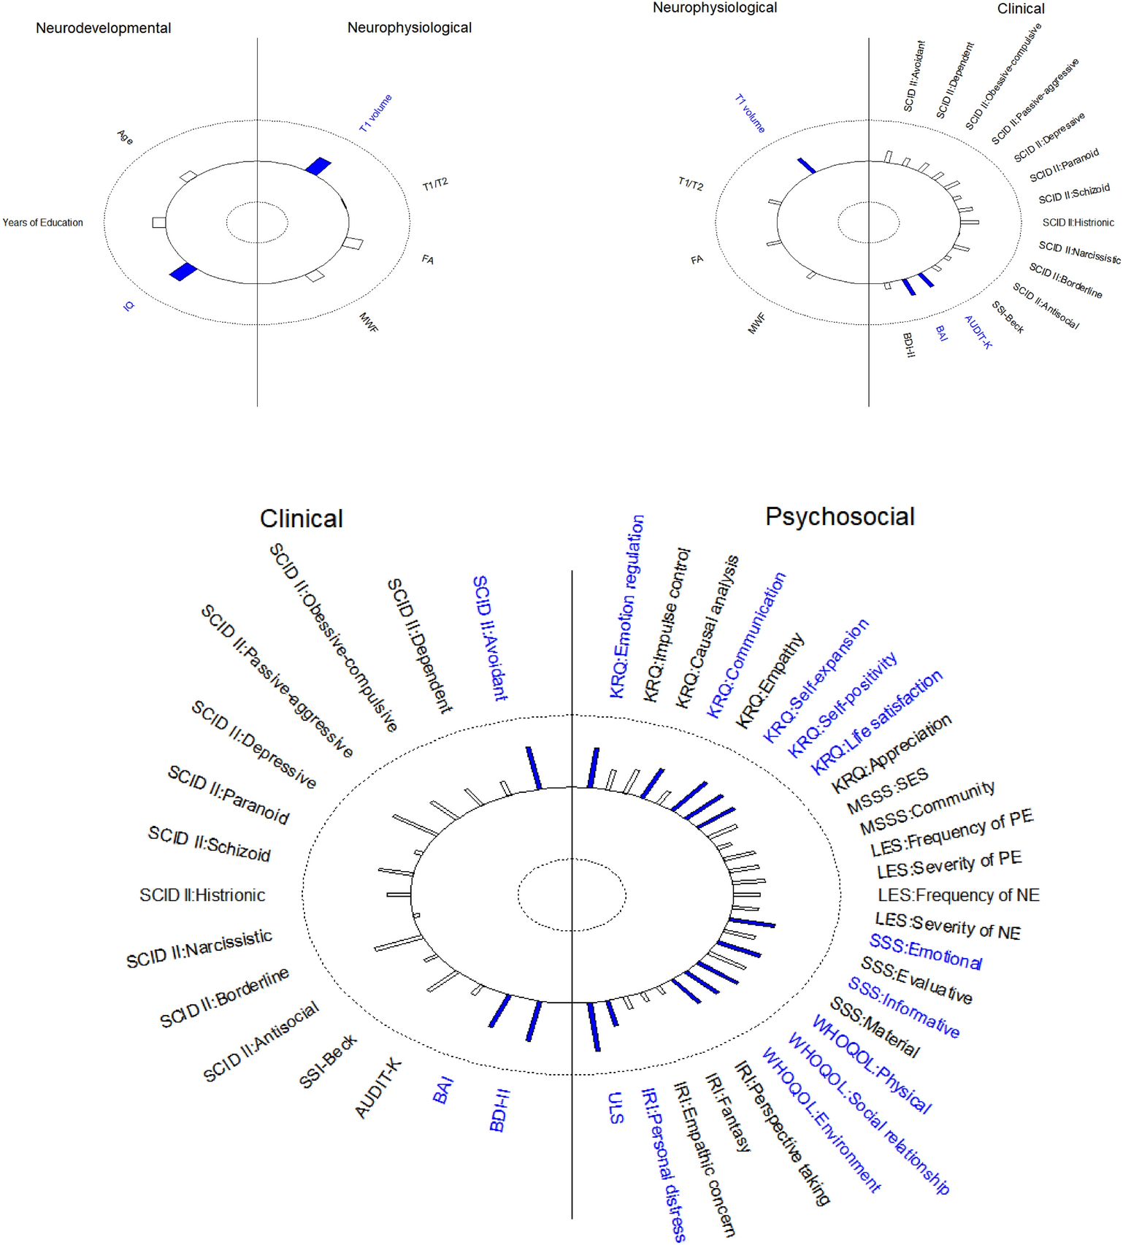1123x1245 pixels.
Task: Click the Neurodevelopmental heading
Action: tap(103, 28)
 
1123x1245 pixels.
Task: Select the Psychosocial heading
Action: tap(840, 516)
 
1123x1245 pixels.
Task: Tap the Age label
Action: tap(126, 137)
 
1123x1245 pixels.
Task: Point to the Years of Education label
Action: tap(42, 223)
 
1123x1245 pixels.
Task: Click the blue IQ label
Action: tap(129, 306)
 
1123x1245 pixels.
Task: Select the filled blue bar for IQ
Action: tap(183, 272)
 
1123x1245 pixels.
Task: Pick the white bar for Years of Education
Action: tap(158, 222)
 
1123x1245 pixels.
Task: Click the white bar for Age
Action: tap(188, 176)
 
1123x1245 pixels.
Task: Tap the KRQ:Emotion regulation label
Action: tap(626, 606)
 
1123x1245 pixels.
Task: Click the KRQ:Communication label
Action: tap(746, 645)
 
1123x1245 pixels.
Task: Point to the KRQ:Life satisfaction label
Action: tap(876, 722)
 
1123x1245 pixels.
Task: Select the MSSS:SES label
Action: tap(887, 791)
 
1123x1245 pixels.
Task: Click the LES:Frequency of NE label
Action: tap(958, 895)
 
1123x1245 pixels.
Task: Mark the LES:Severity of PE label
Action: tap(948, 865)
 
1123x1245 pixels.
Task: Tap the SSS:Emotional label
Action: tap(925, 951)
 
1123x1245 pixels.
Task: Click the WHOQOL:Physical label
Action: tap(871, 1065)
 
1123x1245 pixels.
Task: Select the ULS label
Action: tap(616, 1108)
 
